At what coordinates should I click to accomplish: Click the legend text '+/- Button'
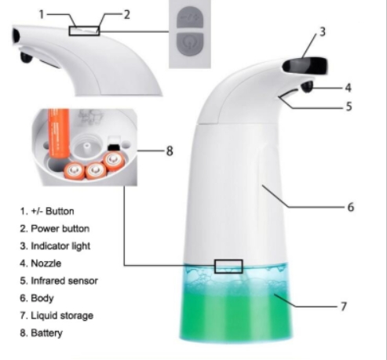coord(53,211)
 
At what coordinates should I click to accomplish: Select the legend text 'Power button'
coord(60,229)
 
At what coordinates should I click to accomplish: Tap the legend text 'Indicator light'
coord(60,246)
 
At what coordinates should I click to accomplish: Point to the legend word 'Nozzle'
coord(46,264)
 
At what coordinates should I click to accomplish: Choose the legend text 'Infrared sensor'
coord(64,281)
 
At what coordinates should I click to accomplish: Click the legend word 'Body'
coord(42,298)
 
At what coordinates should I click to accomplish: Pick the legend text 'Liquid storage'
coord(62,315)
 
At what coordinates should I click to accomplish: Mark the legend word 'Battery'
coord(46,333)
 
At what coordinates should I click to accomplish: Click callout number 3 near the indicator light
coord(323,31)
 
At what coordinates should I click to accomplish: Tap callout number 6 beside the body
coord(351,207)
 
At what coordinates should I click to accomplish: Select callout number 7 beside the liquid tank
coord(344,307)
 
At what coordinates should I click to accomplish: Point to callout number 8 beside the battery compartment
coord(170,151)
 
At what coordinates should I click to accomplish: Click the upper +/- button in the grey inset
coord(190,17)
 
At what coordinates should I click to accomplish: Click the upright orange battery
coord(59,133)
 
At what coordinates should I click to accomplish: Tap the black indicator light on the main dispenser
coord(305,64)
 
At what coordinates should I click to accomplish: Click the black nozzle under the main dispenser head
coord(307,86)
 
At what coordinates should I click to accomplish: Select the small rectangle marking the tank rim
coord(228,267)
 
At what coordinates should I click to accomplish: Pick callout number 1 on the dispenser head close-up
coord(42,14)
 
